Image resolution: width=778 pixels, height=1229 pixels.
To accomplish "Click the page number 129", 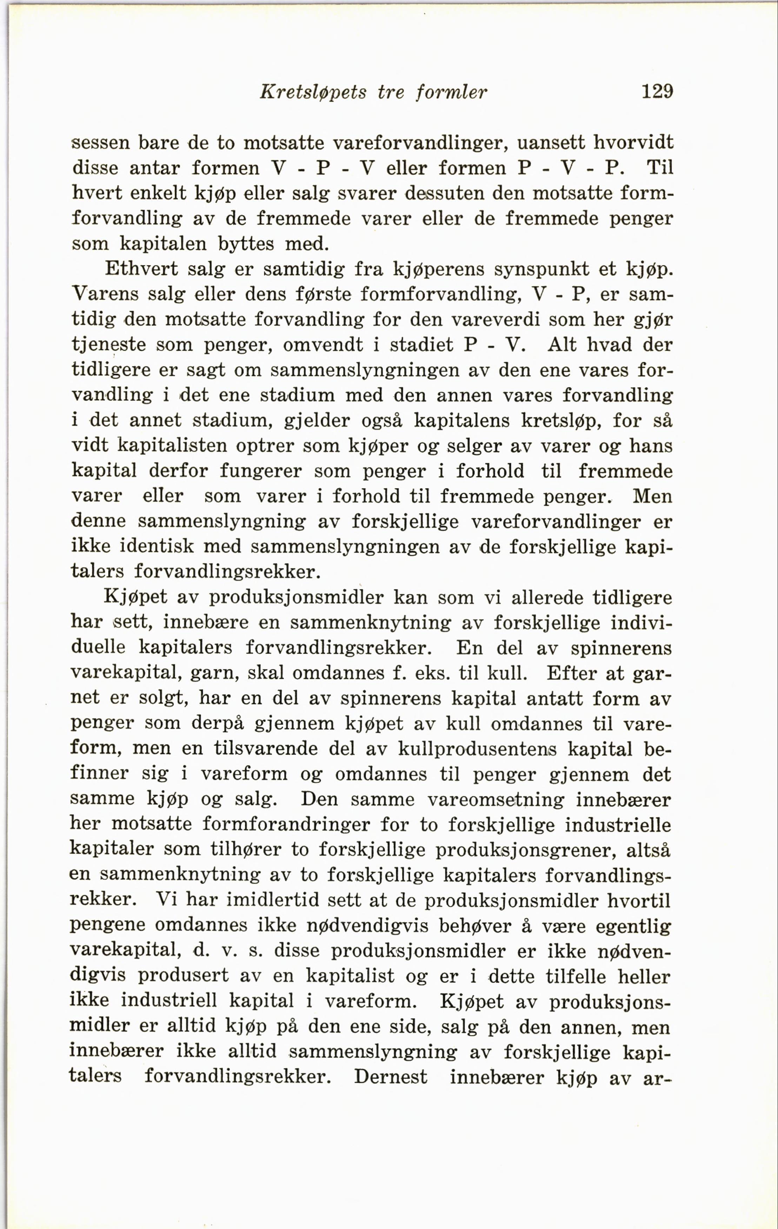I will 657,92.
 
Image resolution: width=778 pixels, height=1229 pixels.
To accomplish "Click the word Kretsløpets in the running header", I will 313,92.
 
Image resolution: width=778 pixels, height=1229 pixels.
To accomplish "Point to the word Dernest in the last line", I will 391,1076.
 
